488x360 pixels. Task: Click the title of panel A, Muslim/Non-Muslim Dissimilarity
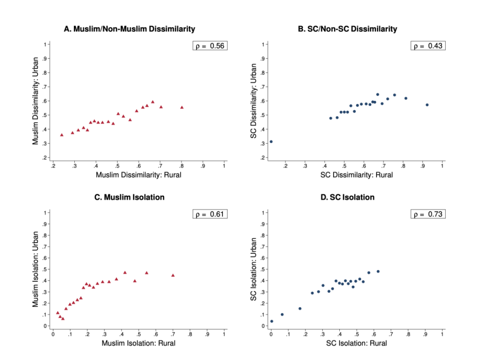pyautogui.click(x=129, y=30)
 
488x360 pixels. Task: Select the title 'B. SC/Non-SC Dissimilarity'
pyautogui.click(x=347, y=30)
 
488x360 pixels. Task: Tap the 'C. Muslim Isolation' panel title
pyautogui.click(x=129, y=197)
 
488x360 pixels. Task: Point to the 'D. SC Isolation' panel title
pyautogui.click(x=347, y=197)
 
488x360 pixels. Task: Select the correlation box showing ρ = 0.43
pyautogui.click(x=427, y=46)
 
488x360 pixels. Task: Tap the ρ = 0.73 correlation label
pyautogui.click(x=427, y=214)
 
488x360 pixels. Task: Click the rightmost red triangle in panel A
pyautogui.click(x=182, y=107)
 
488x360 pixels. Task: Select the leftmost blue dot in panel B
pyautogui.click(x=271, y=141)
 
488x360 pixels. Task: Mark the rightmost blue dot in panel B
pyautogui.click(x=427, y=105)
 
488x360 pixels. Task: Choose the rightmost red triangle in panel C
pyautogui.click(x=173, y=275)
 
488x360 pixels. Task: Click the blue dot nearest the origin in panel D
pyautogui.click(x=272, y=321)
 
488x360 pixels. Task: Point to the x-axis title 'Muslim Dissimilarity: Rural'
pyautogui.click(x=138, y=175)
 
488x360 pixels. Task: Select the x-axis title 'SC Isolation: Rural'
pyautogui.click(x=356, y=343)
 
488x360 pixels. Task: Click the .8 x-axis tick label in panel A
pyautogui.click(x=181, y=166)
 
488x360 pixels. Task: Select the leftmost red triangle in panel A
pyautogui.click(x=61, y=135)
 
